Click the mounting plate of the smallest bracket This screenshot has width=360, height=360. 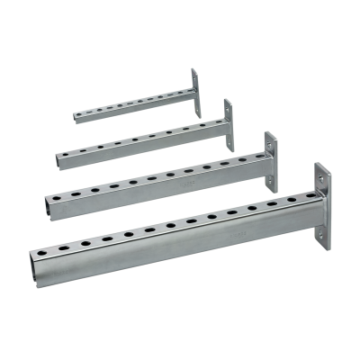point(193,91)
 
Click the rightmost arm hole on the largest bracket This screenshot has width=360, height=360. point(292,200)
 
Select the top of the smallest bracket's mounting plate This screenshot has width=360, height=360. point(193,70)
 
